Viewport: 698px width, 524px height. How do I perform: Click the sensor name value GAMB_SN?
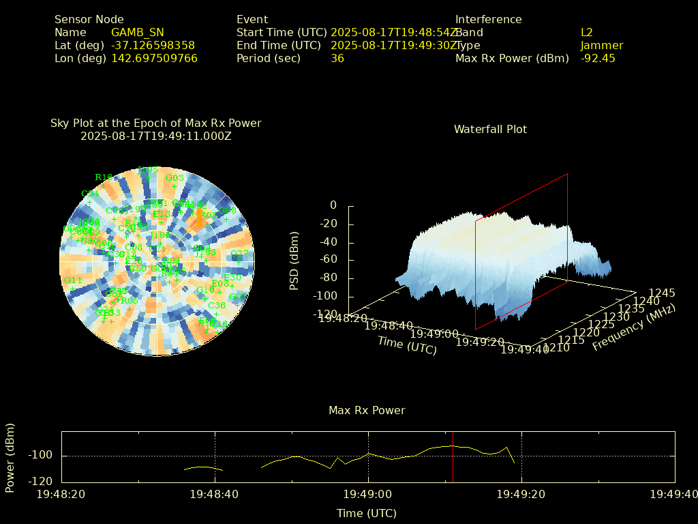(137, 32)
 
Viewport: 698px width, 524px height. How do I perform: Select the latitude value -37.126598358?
(153, 45)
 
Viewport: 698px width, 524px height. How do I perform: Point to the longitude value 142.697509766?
(154, 58)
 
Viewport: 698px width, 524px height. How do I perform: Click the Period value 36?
(337, 58)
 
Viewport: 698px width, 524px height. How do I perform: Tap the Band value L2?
(587, 32)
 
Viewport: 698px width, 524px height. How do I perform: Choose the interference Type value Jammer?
(602, 45)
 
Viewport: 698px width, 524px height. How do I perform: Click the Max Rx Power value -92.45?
(598, 58)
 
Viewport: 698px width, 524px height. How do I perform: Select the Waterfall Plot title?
(490, 129)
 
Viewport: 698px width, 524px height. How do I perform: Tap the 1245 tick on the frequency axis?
(662, 293)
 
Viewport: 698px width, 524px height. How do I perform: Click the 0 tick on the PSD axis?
(333, 205)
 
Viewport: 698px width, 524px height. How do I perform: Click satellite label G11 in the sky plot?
(73, 280)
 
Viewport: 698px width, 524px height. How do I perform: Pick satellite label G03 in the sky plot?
(175, 178)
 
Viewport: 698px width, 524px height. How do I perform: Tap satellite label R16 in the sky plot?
(104, 177)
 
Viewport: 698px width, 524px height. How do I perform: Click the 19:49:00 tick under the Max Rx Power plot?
(369, 493)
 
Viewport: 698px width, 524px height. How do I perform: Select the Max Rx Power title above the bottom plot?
(367, 410)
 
